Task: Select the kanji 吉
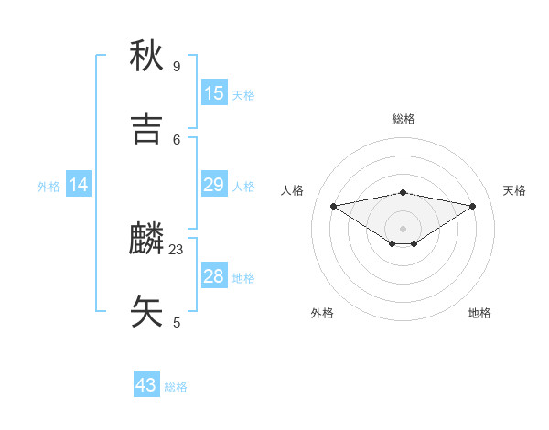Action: [x=146, y=130]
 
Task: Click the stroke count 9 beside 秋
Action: [x=177, y=67]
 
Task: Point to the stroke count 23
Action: [x=177, y=249]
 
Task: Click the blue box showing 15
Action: [x=214, y=93]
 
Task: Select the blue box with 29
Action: [x=214, y=185]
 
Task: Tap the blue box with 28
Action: [x=214, y=276]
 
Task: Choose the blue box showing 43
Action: [x=146, y=385]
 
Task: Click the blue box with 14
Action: [x=79, y=185]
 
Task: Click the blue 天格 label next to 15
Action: [x=243, y=94]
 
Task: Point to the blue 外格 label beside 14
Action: [x=48, y=186]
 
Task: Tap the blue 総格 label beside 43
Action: [x=176, y=386]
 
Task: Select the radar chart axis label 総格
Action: [x=403, y=119]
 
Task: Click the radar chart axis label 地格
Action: [x=479, y=313]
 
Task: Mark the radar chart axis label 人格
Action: [x=293, y=190]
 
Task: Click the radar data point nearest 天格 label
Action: [x=473, y=206]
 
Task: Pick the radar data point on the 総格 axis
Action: [x=403, y=192]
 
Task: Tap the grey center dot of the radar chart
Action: [x=403, y=228]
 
